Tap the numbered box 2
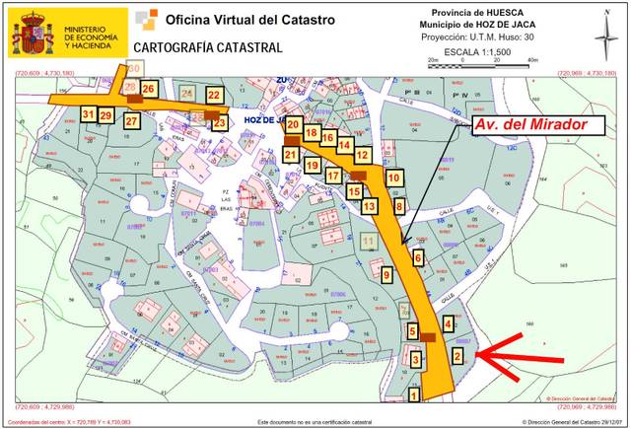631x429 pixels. coord(456,355)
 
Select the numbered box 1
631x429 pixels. coord(414,394)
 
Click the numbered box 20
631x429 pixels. coord(293,124)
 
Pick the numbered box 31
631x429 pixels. coord(89,114)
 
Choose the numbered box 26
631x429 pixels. coord(148,89)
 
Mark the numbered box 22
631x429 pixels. coord(214,95)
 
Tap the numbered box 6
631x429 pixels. coord(418,257)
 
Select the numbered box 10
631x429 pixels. coord(393,178)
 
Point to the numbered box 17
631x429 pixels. coord(333,176)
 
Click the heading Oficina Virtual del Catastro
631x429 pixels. coord(249,19)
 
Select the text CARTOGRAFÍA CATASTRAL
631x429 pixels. coord(207,47)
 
